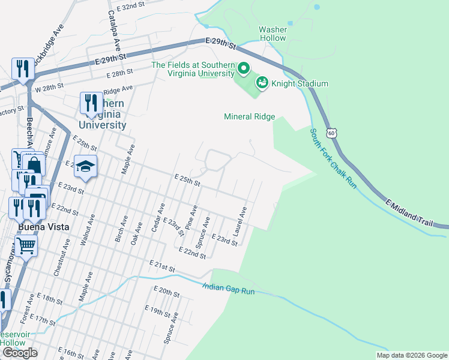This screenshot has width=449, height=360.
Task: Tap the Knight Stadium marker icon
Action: coord(262,83)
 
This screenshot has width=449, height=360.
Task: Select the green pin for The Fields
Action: coord(243,70)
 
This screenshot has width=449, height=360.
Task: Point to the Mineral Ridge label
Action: coord(249,117)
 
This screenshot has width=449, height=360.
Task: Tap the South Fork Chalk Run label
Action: coord(333,158)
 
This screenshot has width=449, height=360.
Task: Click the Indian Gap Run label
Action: coord(229,289)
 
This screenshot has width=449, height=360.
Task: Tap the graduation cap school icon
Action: coord(85,165)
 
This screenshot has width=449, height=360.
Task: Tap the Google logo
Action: coord(20,353)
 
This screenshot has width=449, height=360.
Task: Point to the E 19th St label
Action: coord(158,312)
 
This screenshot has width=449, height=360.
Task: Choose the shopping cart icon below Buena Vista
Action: coord(26,245)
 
